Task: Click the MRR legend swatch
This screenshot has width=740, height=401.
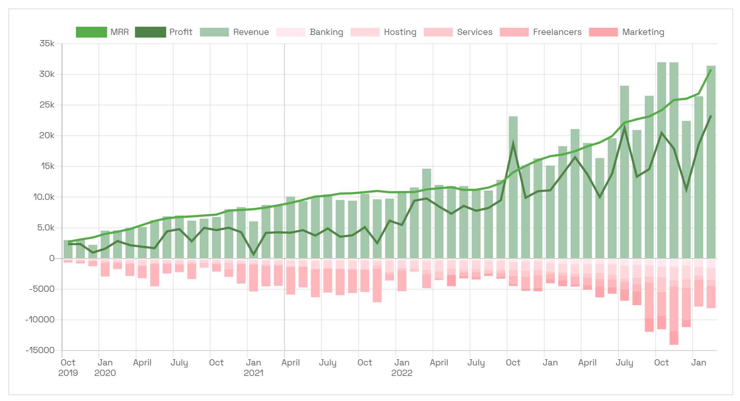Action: (x=91, y=32)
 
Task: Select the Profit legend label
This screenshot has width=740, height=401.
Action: (x=181, y=32)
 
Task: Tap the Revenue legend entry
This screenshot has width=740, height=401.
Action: (x=250, y=32)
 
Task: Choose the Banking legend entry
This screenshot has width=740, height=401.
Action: (x=326, y=32)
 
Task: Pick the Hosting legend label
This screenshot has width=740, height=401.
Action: (x=400, y=32)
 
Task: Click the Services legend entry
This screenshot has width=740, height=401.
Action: (x=475, y=32)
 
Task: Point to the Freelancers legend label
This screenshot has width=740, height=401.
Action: (x=557, y=32)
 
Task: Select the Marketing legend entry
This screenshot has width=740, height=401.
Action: (x=643, y=32)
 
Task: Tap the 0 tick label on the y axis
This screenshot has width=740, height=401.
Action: (x=52, y=258)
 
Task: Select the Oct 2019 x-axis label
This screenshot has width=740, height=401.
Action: (x=68, y=367)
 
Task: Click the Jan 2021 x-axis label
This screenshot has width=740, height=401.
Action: (x=253, y=367)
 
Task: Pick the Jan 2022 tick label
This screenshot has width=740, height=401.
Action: (x=401, y=367)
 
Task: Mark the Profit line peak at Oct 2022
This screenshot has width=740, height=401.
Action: (x=513, y=143)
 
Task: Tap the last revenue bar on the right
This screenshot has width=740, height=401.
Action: (x=711, y=163)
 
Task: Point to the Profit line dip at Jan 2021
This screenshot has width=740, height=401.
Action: (x=253, y=254)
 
